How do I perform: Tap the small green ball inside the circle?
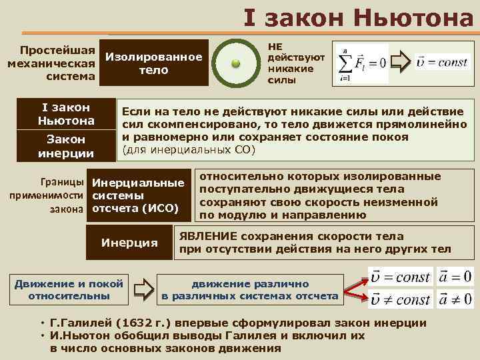pos(235,63)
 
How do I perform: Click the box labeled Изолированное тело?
pos(153,63)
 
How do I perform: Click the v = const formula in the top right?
pos(441,63)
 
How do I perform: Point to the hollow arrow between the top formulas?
pos(400,63)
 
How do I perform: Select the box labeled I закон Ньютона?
pos(66,114)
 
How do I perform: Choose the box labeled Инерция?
pos(129,242)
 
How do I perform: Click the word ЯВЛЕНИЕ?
pos(207,236)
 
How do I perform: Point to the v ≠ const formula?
pos(400,299)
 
